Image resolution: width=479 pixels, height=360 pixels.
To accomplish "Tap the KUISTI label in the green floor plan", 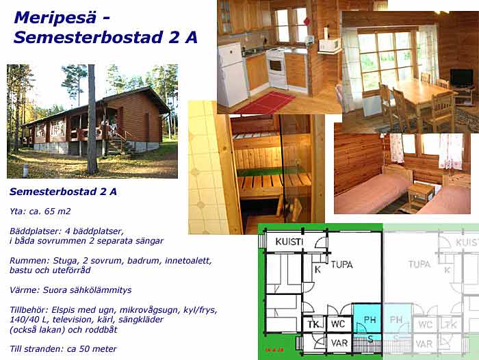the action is click(x=289, y=242).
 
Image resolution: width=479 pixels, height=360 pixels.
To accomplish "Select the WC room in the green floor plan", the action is click(x=338, y=324).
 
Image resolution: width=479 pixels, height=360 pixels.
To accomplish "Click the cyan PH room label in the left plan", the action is click(x=370, y=320).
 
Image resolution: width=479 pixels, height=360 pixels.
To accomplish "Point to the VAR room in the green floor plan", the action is click(x=339, y=343).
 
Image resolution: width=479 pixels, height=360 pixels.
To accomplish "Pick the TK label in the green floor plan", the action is click(x=313, y=324).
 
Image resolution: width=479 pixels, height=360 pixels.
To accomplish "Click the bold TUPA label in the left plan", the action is click(x=342, y=264).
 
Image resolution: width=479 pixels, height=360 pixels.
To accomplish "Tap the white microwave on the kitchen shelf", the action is click(x=331, y=44).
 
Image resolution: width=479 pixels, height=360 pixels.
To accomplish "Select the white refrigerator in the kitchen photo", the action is click(x=232, y=75).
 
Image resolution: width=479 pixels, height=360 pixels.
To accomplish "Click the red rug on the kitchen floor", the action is click(x=266, y=102).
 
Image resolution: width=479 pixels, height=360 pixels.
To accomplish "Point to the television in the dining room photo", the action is click(x=461, y=78).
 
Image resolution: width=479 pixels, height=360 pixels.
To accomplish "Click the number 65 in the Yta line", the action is click(x=50, y=211).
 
